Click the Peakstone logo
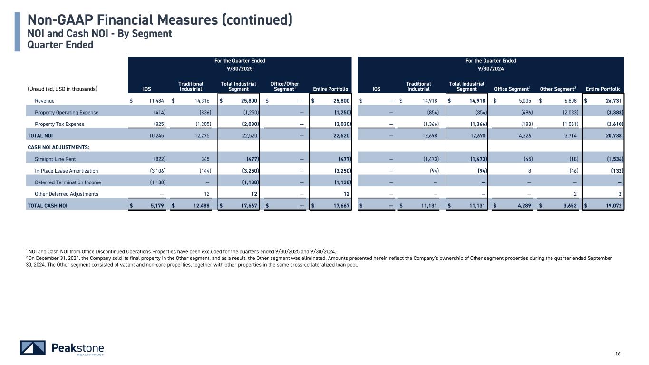[x=62, y=348]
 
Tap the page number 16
[x=618, y=354]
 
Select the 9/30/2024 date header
[x=491, y=69]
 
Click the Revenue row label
[x=45, y=101]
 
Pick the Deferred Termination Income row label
[x=68, y=182]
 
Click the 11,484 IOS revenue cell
[x=155, y=101]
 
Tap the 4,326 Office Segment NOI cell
[x=523, y=135]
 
